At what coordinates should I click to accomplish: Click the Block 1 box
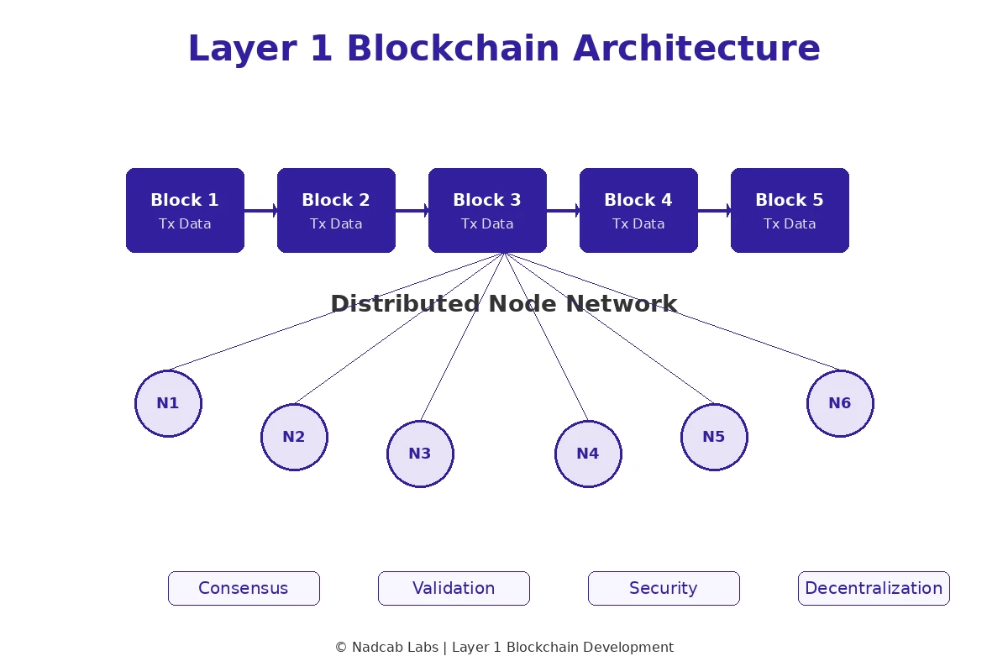click(x=185, y=210)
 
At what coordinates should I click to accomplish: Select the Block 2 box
click(x=336, y=210)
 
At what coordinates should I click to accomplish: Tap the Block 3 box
click(x=487, y=210)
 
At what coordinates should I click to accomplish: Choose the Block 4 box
click(x=638, y=210)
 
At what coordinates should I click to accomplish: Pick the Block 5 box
click(x=790, y=210)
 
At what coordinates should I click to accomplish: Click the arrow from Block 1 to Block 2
click(x=261, y=210)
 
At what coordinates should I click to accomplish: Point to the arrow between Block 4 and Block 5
click(x=715, y=210)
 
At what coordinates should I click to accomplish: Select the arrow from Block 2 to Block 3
click(x=412, y=210)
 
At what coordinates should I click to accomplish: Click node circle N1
click(x=168, y=403)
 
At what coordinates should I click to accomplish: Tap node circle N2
click(x=294, y=437)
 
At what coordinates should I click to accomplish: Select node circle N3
click(x=420, y=454)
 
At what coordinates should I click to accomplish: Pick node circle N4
click(x=588, y=454)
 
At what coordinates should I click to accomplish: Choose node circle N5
click(x=714, y=437)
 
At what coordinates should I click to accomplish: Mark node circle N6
click(x=840, y=403)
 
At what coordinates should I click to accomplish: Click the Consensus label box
click(x=244, y=588)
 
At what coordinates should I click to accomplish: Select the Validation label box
click(x=454, y=588)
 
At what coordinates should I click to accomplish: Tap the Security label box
click(x=664, y=588)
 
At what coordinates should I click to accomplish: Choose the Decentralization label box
click(x=874, y=588)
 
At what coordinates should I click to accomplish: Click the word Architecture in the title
click(x=696, y=49)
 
